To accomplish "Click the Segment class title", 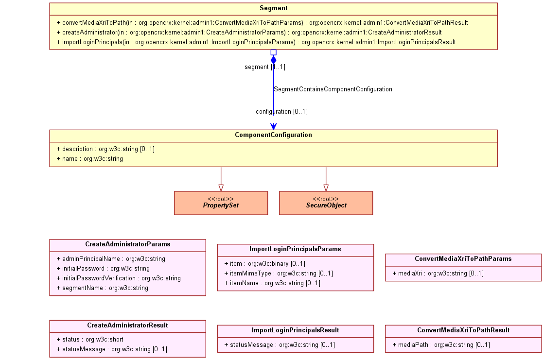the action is (273, 8).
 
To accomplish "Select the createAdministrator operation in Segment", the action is (249, 32).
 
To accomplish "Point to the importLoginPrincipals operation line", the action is (256, 42).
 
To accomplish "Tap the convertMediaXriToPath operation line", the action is (263, 22).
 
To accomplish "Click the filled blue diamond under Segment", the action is (273, 60).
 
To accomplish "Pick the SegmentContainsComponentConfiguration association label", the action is (333, 89).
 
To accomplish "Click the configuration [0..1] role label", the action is (281, 111).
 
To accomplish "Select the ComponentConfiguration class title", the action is (273, 135).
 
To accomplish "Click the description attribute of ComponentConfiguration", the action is (105, 149).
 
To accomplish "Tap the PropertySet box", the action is (221, 203).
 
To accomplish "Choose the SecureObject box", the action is (326, 203).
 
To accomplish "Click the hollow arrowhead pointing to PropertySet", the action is (221, 188).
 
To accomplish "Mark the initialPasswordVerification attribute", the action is (119, 278).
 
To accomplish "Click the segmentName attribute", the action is (103, 288).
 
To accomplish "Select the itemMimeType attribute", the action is (279, 274).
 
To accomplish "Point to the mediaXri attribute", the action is (438, 274).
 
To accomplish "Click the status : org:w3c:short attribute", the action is (90, 339).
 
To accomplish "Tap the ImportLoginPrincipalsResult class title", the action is (296, 330).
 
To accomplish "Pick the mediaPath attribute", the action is (441, 345).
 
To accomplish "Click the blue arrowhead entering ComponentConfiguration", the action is (273, 127).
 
